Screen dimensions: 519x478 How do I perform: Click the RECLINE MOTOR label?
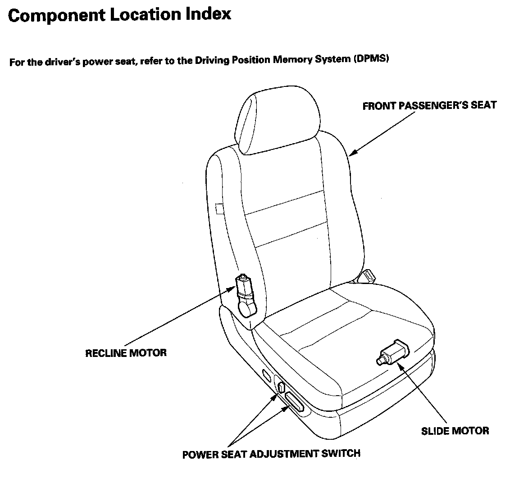point(126,352)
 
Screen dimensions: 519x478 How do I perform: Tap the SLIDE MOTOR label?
point(455,431)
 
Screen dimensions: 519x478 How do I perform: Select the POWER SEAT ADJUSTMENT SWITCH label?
point(271,454)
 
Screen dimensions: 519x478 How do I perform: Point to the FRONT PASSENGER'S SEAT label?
point(429,106)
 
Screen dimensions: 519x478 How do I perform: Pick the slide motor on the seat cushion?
point(393,352)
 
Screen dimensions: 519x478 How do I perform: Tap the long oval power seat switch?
point(295,401)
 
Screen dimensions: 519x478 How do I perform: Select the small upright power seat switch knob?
point(281,387)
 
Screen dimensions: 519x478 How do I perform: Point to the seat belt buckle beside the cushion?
point(367,275)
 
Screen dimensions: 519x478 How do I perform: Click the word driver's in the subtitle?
point(62,62)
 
